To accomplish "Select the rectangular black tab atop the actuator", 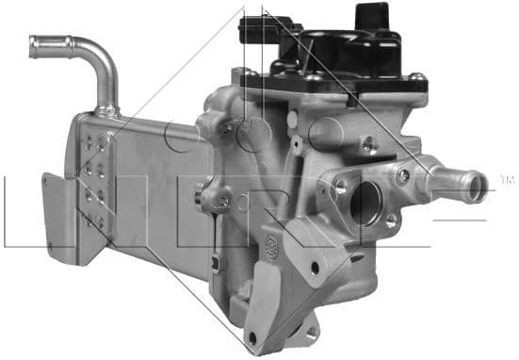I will [x=370, y=16].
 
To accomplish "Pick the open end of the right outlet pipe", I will [x=478, y=181].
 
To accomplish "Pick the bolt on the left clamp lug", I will [x=222, y=200].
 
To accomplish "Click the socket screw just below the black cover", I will [x=368, y=144].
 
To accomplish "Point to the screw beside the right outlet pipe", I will [x=403, y=175].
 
